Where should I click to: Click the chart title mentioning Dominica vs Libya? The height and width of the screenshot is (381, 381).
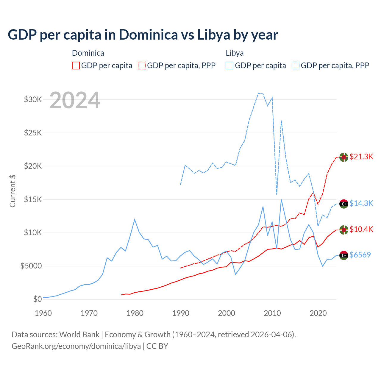click(143, 35)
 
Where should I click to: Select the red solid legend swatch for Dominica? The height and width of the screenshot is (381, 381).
click(76, 65)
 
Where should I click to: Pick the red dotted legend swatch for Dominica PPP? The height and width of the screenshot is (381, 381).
click(142, 65)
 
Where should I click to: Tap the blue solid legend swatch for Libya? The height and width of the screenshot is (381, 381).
click(229, 65)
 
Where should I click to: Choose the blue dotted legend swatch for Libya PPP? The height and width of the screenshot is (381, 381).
click(296, 65)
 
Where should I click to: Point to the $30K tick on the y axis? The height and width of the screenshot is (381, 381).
click(33, 99)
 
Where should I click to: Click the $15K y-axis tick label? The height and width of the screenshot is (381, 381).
click(33, 199)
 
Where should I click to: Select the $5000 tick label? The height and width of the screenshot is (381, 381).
click(31, 266)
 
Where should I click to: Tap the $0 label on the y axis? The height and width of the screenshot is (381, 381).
click(37, 299)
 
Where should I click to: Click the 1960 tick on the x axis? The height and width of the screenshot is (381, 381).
click(43, 313)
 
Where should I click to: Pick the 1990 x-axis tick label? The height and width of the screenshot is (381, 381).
click(181, 313)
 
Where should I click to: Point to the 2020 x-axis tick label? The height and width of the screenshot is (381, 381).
click(318, 313)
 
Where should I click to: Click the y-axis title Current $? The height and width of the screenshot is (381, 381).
click(13, 191)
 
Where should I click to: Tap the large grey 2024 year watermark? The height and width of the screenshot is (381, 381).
click(75, 101)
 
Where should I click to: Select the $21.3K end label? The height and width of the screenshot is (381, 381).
click(361, 157)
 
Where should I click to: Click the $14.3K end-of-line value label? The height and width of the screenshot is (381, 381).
click(361, 203)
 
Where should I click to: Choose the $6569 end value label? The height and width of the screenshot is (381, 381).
click(360, 255)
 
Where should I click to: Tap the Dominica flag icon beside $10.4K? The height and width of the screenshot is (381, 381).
click(344, 230)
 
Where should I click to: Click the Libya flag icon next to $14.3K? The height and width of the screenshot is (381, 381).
click(344, 204)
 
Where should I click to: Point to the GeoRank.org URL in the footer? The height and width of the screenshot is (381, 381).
click(76, 346)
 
